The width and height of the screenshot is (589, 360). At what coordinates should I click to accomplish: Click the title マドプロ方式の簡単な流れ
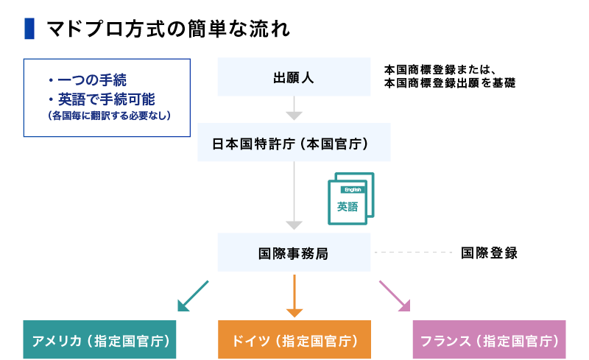[x=168, y=29]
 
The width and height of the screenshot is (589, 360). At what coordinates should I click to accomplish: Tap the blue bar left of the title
[x=29, y=29]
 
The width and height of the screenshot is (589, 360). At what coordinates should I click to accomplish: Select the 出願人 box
[x=294, y=77]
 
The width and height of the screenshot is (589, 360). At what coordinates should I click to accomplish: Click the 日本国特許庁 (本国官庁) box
[x=294, y=143]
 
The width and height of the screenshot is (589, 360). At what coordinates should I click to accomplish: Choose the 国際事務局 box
[x=294, y=253]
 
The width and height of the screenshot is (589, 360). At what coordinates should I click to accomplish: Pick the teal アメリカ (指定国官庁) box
[x=100, y=340]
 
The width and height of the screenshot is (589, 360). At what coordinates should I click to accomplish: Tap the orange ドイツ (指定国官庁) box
[x=294, y=340]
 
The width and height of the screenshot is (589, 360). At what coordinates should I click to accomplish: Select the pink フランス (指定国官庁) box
[x=489, y=340]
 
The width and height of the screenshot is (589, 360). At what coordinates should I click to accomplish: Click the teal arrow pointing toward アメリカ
[x=194, y=294]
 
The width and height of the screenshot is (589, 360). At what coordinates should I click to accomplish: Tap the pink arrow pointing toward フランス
[x=394, y=294]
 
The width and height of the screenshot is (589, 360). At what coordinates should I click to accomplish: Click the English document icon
[x=350, y=197]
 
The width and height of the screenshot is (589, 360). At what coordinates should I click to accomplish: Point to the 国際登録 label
[x=489, y=253]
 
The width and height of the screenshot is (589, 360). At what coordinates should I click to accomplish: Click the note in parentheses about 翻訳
[x=107, y=115]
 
